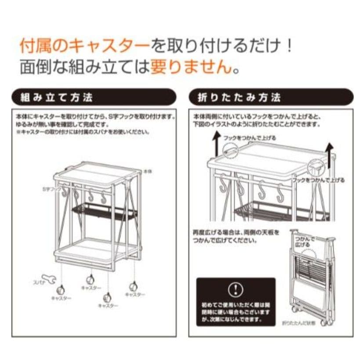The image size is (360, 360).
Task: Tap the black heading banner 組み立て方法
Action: click(94, 97)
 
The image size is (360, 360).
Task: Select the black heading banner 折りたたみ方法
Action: click(270, 97)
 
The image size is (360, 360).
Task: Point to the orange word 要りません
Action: click(191, 66)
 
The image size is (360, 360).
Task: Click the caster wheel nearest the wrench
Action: click(60, 289)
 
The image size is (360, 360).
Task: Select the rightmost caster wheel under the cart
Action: click(133, 286)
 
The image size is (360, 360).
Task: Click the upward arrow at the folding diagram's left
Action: click(216, 144)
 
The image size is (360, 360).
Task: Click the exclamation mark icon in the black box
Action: click(236, 289)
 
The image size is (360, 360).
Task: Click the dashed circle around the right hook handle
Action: click(315, 166)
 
